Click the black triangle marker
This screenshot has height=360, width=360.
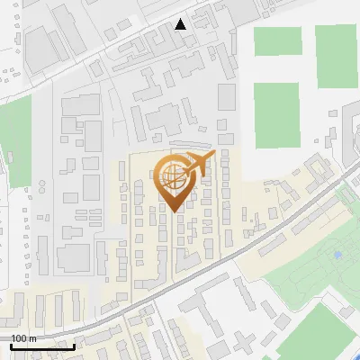[x=181, y=24]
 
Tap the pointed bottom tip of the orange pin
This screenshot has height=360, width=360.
[x=175, y=211]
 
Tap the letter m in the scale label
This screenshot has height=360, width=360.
[x=32, y=338]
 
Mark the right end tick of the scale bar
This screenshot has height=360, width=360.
[x=74, y=346]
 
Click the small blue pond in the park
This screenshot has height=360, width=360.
[x=337, y=255]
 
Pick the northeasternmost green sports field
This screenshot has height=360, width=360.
[x=337, y=56]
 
